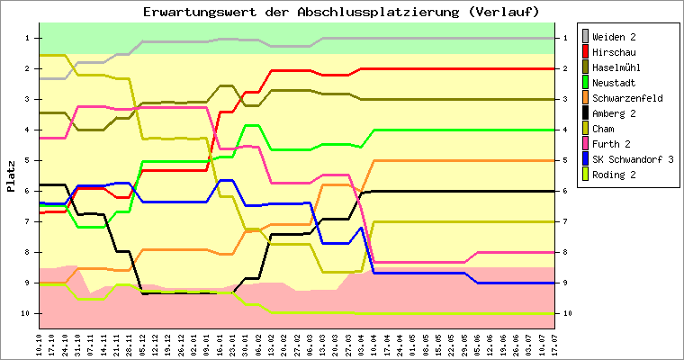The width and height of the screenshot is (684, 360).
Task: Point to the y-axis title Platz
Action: pos(11,176)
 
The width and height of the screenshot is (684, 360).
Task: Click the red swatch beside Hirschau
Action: pos(586,52)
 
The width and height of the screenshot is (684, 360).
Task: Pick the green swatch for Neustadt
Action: pos(586,83)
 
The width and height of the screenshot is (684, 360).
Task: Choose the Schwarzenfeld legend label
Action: pos(628,98)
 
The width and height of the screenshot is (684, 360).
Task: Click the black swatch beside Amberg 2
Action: pos(586,113)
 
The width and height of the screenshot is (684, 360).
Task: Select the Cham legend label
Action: pos(605,129)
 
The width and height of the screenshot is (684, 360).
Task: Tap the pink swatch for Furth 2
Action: pos(586,144)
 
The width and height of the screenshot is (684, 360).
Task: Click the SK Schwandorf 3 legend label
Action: pos(632,159)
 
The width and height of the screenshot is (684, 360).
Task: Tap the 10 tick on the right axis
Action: pos(565,313)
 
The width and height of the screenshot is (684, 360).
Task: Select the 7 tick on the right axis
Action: pos(563,221)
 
